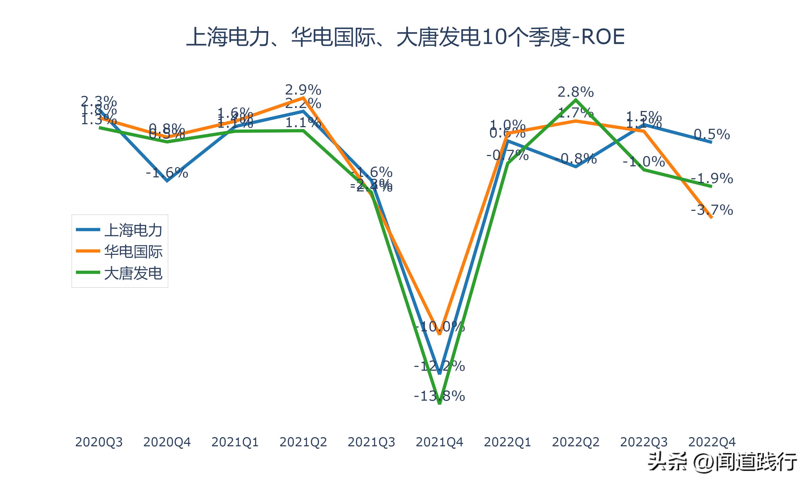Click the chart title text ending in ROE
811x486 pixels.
click(405, 37)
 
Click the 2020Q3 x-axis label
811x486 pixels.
click(99, 442)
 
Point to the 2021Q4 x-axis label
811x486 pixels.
click(439, 442)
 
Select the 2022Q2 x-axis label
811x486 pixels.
click(576, 442)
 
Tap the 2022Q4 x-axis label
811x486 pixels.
click(712, 442)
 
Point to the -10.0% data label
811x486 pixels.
click(439, 326)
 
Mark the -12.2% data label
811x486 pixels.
click(439, 366)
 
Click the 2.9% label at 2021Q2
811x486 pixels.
click(303, 90)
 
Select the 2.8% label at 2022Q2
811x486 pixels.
click(576, 92)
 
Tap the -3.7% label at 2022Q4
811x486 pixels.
click(712, 210)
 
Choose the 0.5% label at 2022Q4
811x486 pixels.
click(712, 134)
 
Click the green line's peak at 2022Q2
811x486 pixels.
click(576, 100)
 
